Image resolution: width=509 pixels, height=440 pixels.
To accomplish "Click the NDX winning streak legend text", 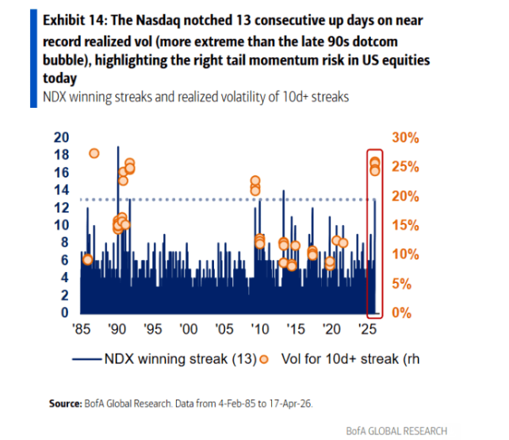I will [179, 358].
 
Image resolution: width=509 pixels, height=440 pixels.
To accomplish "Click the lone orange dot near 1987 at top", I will [94, 154].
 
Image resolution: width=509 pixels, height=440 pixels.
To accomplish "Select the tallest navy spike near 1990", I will [118, 148].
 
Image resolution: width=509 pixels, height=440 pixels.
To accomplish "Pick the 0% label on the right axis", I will [403, 312].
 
